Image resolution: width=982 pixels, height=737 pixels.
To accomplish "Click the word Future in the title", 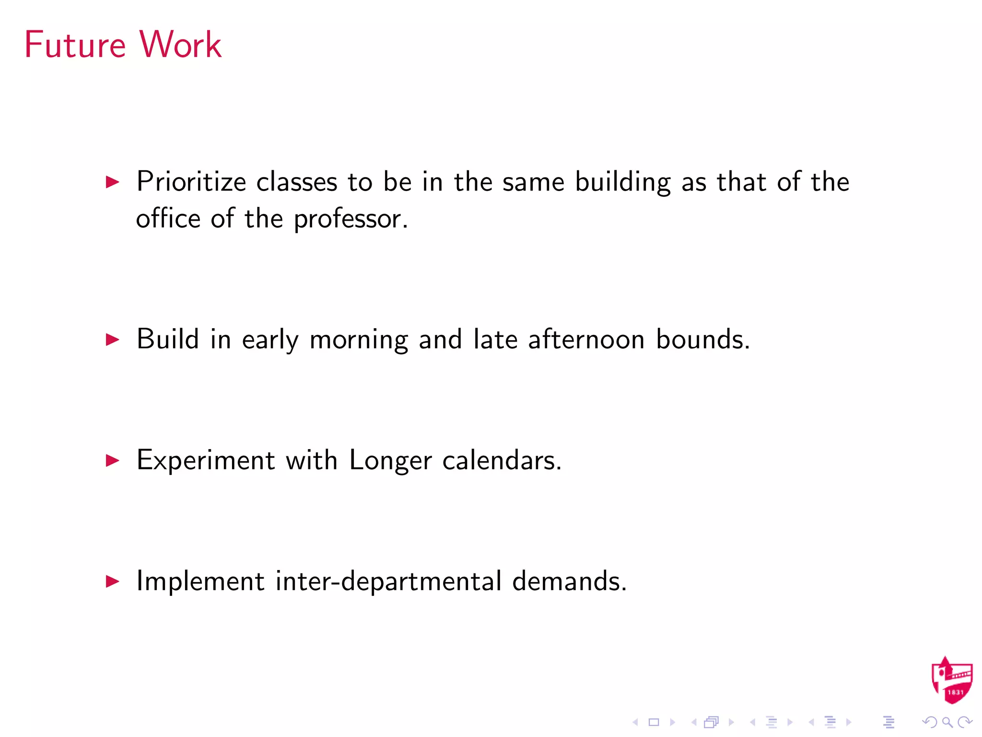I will [x=75, y=45].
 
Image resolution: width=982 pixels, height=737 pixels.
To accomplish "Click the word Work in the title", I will [x=180, y=45].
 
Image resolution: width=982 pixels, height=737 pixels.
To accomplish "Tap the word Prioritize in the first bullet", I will [x=191, y=182].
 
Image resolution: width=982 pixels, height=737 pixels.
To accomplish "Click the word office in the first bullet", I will [x=168, y=219].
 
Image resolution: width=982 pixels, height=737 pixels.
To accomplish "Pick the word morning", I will [x=359, y=340].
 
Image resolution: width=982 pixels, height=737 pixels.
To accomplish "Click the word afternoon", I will [x=586, y=339].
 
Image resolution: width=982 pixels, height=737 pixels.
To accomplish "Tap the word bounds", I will [x=702, y=339].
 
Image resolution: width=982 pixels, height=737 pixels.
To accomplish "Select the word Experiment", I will [x=206, y=461].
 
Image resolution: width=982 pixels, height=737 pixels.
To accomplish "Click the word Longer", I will [x=390, y=461].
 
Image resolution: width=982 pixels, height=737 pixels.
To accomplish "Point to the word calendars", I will [x=502, y=461].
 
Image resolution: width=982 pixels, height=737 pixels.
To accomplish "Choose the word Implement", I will [x=200, y=582].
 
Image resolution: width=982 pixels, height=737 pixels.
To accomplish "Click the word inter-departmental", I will [x=388, y=582].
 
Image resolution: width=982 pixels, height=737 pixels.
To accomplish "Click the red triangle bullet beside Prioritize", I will [x=112, y=182].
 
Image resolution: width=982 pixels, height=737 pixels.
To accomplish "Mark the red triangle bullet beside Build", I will [x=112, y=340].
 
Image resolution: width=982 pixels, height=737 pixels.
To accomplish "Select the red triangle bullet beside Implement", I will [x=112, y=582].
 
